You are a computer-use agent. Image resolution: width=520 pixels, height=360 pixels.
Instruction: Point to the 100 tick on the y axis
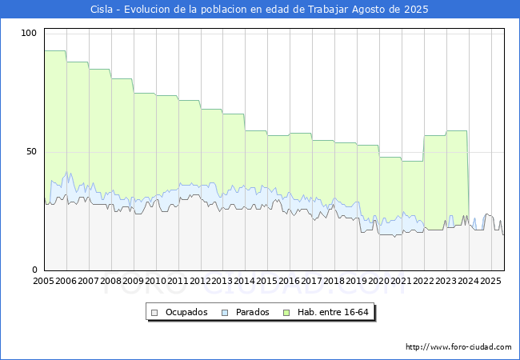(30, 33)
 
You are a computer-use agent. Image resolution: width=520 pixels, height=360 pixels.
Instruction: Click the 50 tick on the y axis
(32, 151)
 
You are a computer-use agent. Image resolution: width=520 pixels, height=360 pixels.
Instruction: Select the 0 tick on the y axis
(35, 270)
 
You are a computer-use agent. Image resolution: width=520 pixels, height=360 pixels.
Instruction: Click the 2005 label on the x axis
(44, 282)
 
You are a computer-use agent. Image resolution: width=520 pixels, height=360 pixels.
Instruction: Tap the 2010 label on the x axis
(155, 282)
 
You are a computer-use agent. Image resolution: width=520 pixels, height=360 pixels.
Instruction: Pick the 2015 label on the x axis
(266, 282)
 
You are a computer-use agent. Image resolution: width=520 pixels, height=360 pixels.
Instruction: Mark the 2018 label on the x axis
(334, 282)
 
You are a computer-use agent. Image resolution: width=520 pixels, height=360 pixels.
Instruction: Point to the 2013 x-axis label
(222, 282)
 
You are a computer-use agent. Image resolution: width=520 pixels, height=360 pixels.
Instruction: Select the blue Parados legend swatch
(226, 312)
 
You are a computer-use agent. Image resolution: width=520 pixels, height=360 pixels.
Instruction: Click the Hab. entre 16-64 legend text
(334, 312)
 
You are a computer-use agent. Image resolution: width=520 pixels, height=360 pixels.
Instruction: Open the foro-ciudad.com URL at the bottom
(458, 347)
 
